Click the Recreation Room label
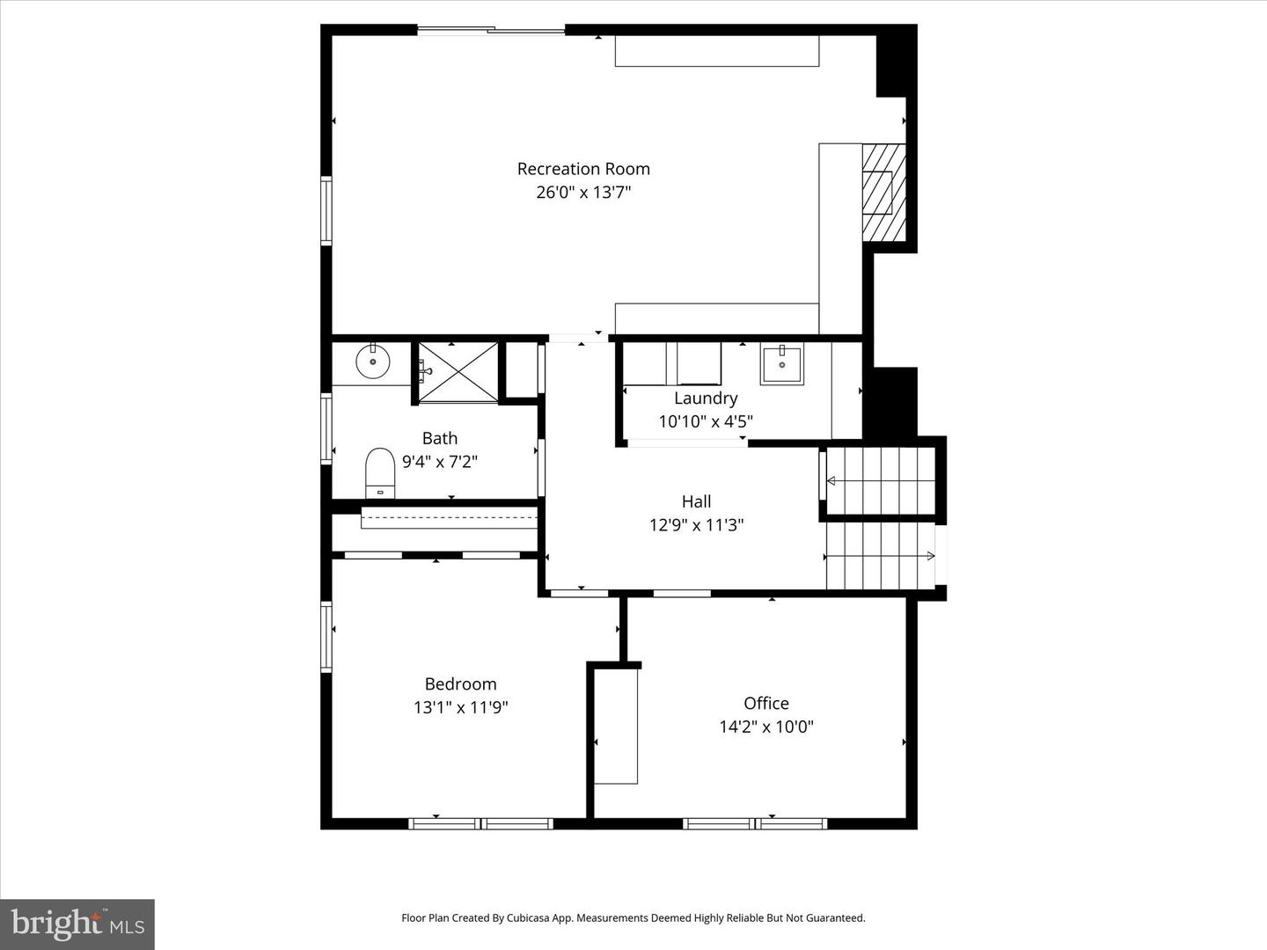[x=583, y=169]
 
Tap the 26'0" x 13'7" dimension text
[x=583, y=192]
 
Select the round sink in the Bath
[x=372, y=362]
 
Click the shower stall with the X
[x=458, y=372]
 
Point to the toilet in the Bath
[x=380, y=471]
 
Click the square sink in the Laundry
[x=781, y=364]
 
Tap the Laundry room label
[x=706, y=398]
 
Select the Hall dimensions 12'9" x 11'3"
[x=696, y=525]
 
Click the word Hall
[x=696, y=501]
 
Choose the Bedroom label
[x=460, y=683]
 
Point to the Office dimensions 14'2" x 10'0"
[x=765, y=727]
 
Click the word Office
[x=765, y=703]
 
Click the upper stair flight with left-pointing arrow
[x=879, y=480]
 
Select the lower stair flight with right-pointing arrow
[x=879, y=556]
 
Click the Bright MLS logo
[x=77, y=924]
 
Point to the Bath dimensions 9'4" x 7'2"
[x=439, y=461]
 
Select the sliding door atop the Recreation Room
[x=491, y=32]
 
